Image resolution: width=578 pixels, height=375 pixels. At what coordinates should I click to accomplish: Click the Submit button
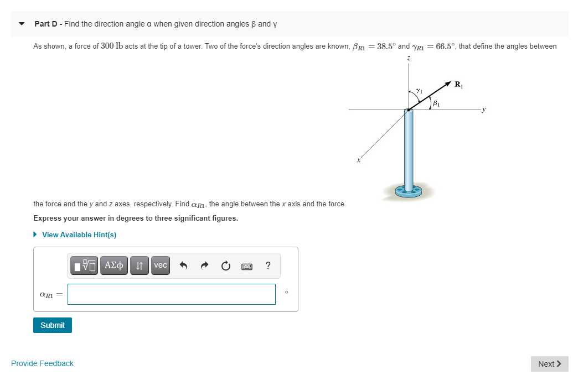(53, 325)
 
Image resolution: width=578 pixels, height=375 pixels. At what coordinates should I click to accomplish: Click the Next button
(549, 363)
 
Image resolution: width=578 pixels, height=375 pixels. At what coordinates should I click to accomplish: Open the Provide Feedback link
(42, 363)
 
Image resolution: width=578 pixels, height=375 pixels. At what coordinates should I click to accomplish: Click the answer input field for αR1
(172, 294)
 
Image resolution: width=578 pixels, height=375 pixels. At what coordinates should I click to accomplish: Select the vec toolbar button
(160, 265)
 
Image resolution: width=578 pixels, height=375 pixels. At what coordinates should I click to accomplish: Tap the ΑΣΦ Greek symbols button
(114, 265)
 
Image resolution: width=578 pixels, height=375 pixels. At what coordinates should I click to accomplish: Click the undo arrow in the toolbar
(184, 266)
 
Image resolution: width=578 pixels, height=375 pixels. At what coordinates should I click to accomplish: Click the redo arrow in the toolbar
(204, 266)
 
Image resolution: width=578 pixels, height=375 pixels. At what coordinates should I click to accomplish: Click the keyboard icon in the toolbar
(247, 267)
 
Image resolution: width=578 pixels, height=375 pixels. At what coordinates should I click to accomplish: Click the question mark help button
(268, 265)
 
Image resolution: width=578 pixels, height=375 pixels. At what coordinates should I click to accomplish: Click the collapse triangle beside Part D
(22, 24)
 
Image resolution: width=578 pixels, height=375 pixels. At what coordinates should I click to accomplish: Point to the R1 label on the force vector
(458, 85)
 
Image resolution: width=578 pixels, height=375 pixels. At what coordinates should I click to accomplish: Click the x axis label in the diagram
(359, 160)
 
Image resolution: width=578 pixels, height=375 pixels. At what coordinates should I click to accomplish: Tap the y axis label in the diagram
(484, 110)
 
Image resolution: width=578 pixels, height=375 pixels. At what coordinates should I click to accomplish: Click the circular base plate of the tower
(410, 191)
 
